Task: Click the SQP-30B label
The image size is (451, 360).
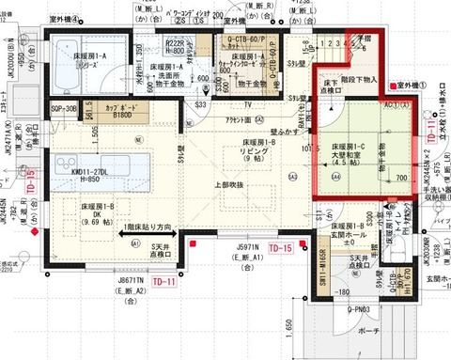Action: click(64, 110)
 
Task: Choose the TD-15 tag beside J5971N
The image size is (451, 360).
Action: click(281, 248)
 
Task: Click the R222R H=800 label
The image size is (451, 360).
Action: click(176, 48)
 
